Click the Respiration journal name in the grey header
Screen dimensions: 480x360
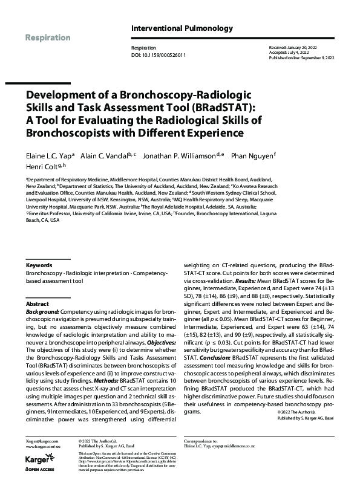[48, 37]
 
